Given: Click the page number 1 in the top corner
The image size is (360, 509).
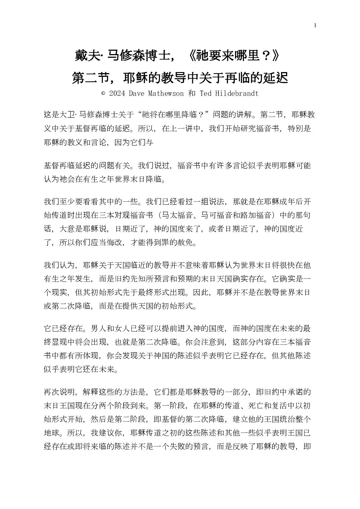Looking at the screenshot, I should click(315, 25).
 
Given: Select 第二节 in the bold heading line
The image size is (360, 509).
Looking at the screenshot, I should click(88, 78).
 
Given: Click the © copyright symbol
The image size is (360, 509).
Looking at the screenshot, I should click(103, 94).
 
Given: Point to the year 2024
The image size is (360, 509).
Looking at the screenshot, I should click(117, 94).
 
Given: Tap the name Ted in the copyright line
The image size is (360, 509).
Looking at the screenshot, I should click(206, 94).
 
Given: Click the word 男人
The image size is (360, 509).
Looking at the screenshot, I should click(99, 329).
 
